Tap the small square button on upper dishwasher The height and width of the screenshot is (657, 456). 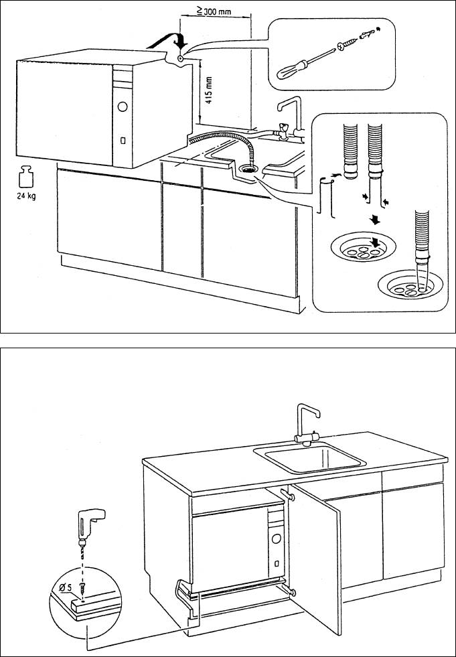(123, 141)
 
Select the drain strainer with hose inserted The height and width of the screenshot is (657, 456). (409, 284)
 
